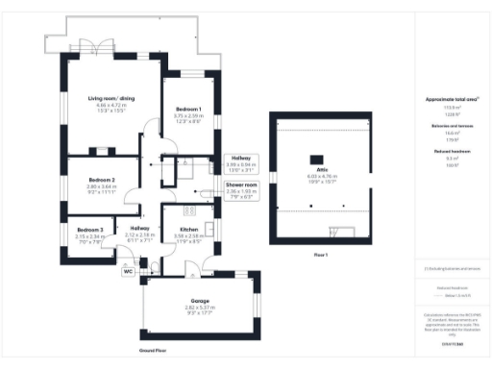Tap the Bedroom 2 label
tap(102, 180)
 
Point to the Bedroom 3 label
tap(90, 230)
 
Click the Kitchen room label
tap(188, 229)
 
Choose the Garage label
tap(199, 301)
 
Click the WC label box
tap(127, 271)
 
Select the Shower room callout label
tap(241, 184)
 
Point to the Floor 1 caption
tap(320, 254)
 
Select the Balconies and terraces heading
tap(444, 125)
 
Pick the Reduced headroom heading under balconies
tap(444, 150)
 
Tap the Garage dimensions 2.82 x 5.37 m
tap(199, 308)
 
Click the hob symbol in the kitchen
tap(189, 210)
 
